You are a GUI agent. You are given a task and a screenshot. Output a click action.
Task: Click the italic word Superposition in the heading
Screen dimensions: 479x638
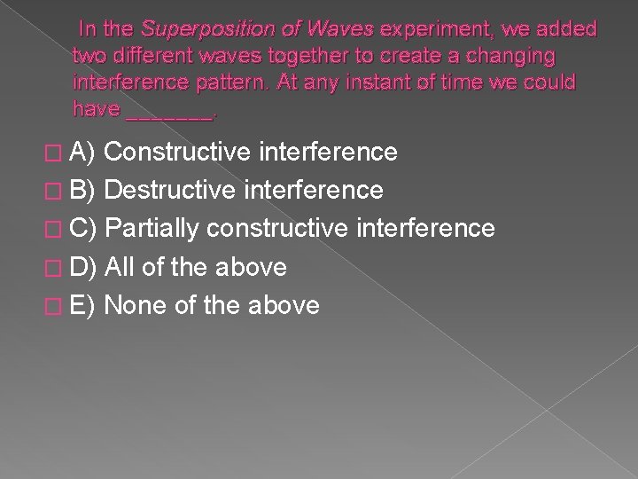(x=196, y=29)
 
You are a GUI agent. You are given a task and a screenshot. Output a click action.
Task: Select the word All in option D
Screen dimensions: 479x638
(x=121, y=267)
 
